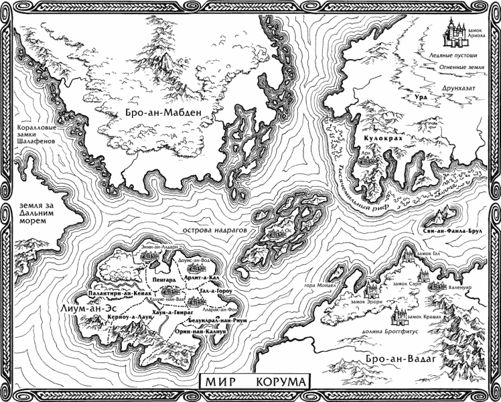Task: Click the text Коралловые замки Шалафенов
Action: coord(29,132)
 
